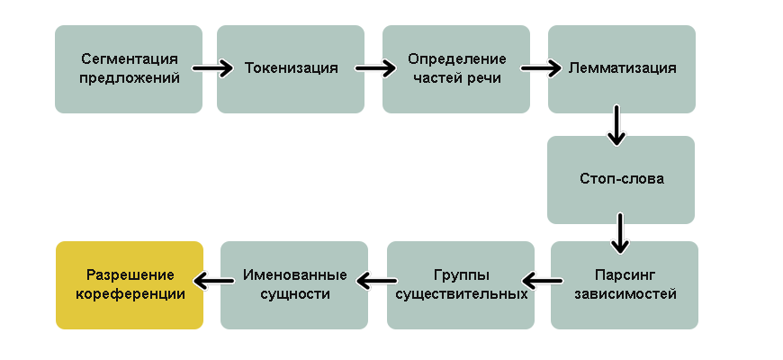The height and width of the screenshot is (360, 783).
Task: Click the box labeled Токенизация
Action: pos(291,68)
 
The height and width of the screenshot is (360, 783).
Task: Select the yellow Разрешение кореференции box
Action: pos(130,284)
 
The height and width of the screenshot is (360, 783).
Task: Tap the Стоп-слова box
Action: pos(621,179)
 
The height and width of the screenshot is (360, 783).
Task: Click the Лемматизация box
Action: pos(622,68)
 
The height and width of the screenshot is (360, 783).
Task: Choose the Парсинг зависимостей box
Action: pos(624,284)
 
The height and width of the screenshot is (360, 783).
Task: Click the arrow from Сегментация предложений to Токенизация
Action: pos(212,68)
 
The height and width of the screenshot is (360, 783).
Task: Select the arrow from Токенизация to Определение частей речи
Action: pos(375,68)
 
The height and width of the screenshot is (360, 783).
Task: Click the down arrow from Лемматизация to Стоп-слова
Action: pos(616,124)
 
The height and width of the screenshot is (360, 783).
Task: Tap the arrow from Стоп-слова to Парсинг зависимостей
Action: pos(619,232)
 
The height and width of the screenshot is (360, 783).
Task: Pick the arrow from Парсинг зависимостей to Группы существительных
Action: pos(543,283)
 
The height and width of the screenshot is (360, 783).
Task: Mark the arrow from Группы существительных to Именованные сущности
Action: pos(377,283)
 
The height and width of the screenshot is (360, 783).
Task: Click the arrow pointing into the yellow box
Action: pos(211,283)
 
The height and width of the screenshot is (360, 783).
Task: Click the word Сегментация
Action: pos(129,59)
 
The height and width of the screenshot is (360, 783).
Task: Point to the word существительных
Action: pos(461,293)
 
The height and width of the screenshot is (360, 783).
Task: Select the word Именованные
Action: pos(294,275)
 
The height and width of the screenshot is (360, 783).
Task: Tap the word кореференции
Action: pos(130,293)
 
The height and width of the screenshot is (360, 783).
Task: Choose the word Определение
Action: pos(457,59)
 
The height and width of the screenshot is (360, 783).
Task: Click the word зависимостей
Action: pos(624,293)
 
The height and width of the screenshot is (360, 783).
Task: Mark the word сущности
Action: pos(294,293)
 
